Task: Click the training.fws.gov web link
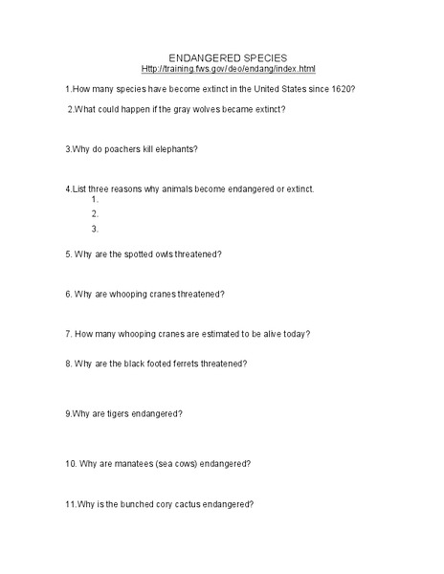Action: coord(228,70)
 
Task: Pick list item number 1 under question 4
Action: coord(95,201)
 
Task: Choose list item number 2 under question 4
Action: coord(95,214)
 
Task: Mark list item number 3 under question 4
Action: coord(95,229)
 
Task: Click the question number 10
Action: coord(71,464)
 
